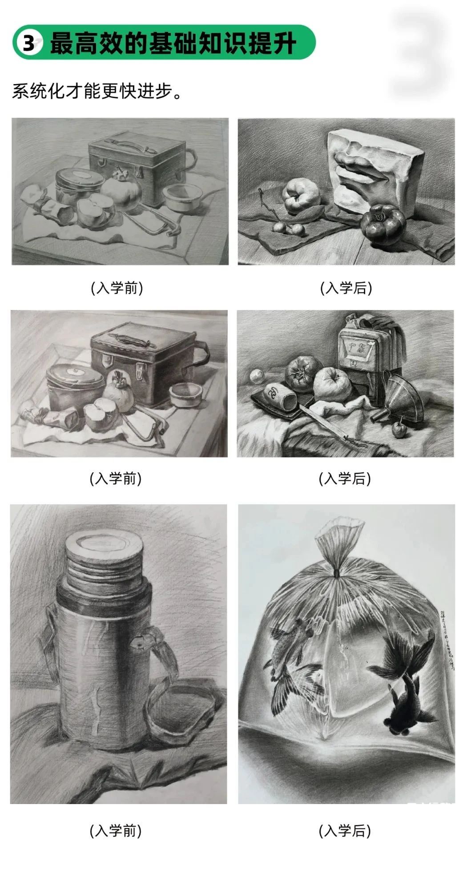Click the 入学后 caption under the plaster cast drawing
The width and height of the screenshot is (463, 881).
pos(346,288)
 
